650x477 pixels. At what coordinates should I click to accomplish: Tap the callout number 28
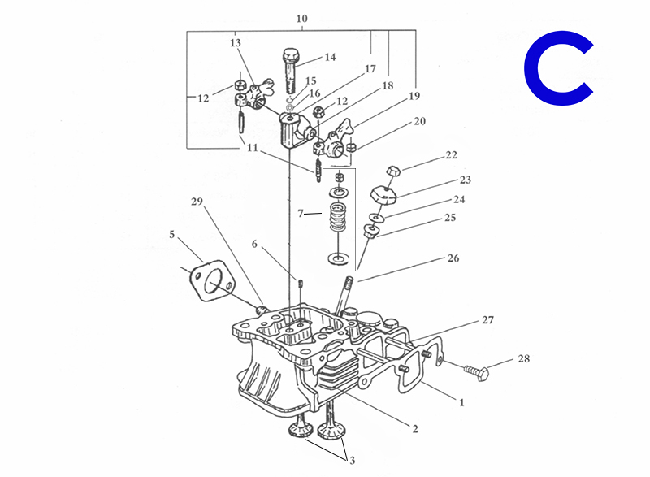pos(523,358)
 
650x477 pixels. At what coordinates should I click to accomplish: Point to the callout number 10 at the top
pos(301,19)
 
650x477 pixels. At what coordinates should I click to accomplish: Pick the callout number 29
pos(197,202)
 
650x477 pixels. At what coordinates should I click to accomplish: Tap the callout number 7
pos(301,214)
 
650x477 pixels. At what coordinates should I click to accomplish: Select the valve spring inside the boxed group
pos(338,217)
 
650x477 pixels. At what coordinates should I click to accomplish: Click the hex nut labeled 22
pos(393,171)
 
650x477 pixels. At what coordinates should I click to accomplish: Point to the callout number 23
pos(465,180)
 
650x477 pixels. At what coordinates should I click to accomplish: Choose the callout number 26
pos(453,258)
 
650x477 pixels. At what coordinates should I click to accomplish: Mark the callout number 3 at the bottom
pos(353,461)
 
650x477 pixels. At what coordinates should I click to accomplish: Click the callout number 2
pos(415,429)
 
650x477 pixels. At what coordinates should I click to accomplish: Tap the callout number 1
pos(461,402)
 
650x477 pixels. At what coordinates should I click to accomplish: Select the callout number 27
pos(488,320)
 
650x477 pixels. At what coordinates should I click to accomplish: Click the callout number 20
pos(419,121)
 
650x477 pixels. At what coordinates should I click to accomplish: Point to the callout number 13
pos(236,43)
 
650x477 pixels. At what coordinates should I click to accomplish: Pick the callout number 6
pos(254,244)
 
